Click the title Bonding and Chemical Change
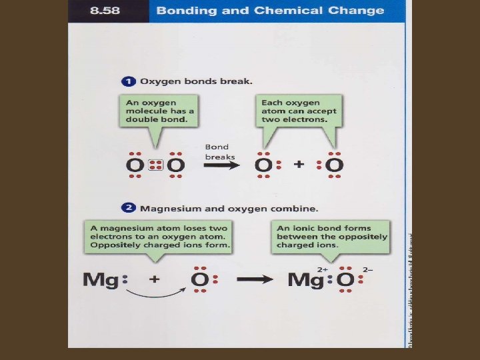coord(270,11)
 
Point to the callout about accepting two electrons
coord(299,111)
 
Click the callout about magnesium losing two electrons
coord(159,236)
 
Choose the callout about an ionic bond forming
coord(332,236)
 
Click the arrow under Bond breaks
coord(222,165)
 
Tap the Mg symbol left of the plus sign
coord(97,280)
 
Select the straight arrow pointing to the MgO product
coord(254,280)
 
